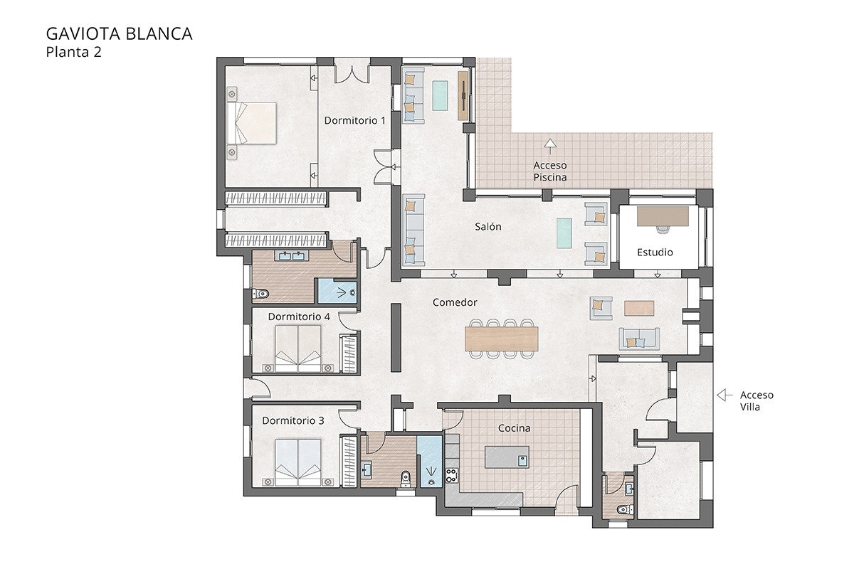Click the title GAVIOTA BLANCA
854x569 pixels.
[119, 34]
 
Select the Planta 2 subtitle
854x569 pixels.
[74, 52]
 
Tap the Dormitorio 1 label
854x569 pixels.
[354, 120]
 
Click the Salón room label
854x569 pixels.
[488, 227]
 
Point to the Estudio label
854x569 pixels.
[655, 252]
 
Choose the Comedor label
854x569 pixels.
[455, 302]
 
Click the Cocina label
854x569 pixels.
[514, 428]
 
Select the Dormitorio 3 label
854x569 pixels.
[293, 421]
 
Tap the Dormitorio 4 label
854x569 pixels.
[299, 316]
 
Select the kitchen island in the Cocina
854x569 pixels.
[507, 457]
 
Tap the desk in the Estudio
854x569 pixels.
[663, 216]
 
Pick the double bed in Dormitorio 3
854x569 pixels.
[298, 462]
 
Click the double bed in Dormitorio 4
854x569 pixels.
[298, 349]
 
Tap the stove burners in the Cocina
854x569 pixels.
[450, 473]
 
